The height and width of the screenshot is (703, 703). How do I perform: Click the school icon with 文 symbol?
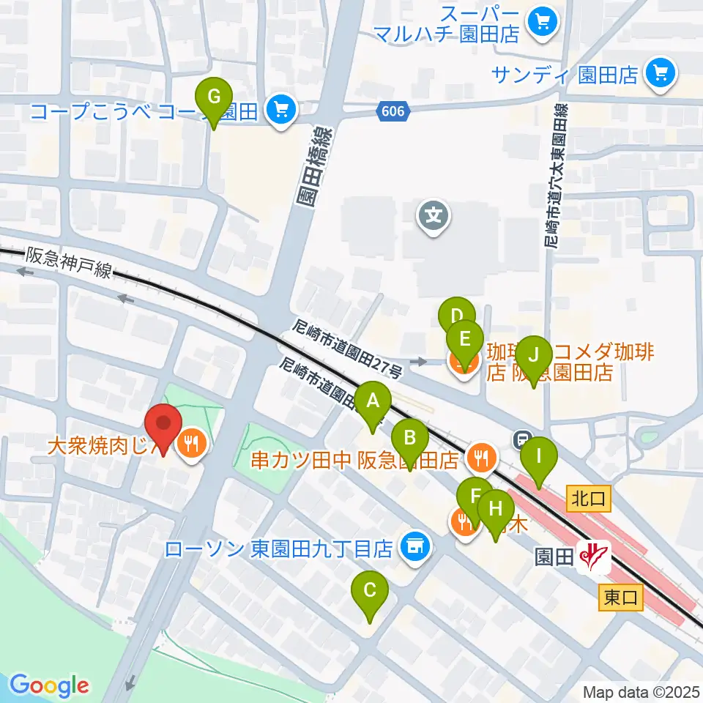tap(434, 216)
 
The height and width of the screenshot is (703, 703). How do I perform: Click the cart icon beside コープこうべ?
tap(280, 111)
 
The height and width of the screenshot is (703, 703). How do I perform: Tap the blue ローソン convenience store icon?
tap(414, 548)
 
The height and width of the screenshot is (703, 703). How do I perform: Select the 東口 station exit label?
tap(622, 598)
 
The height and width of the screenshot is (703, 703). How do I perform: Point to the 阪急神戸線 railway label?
tap(69, 263)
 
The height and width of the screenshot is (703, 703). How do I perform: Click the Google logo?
tap(49, 685)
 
